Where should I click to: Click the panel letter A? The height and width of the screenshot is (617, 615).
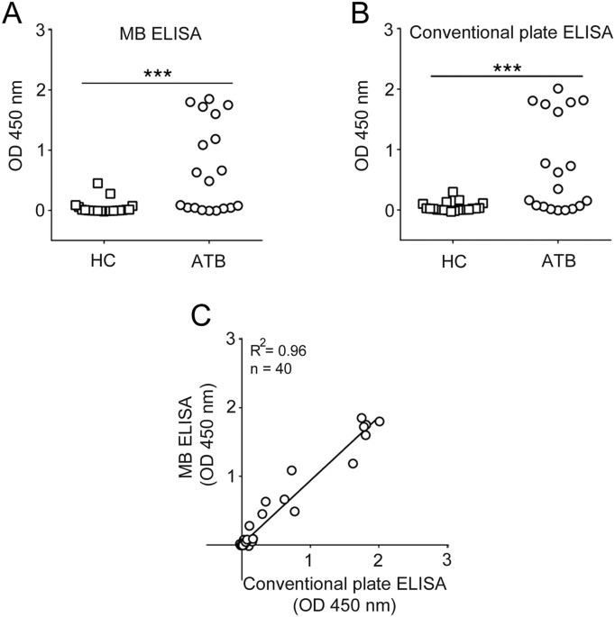(13, 14)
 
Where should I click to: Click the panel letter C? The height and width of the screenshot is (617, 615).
(205, 317)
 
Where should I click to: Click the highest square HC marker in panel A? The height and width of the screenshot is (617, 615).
(98, 183)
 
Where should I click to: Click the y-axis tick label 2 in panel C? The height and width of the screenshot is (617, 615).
(230, 407)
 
